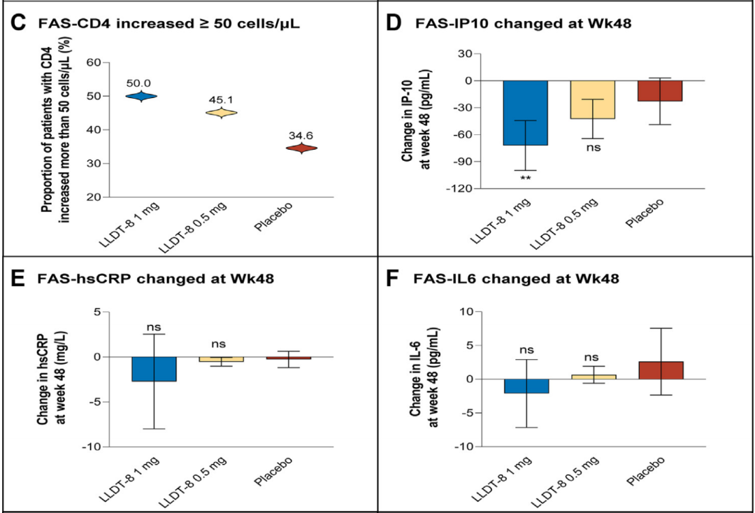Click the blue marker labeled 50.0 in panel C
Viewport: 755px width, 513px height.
tap(143, 96)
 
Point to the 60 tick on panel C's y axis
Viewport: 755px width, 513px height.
tap(93, 62)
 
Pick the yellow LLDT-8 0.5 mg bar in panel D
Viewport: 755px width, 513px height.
tap(593, 99)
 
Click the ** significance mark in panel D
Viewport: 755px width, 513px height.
tap(525, 179)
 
